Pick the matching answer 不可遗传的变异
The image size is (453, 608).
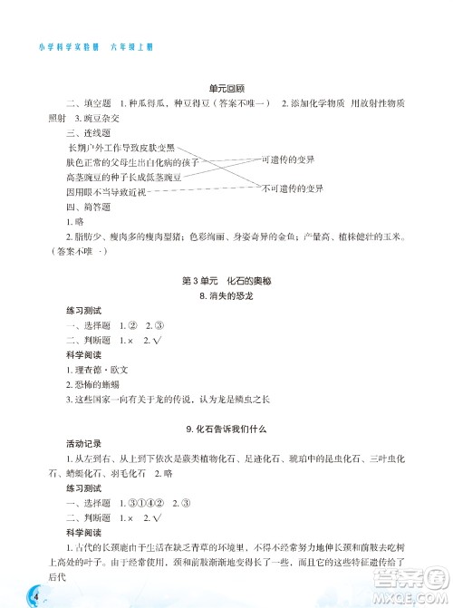click(292, 189)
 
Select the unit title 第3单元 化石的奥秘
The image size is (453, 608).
click(226, 282)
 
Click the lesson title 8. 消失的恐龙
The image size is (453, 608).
click(226, 296)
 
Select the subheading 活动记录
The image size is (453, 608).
click(83, 444)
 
